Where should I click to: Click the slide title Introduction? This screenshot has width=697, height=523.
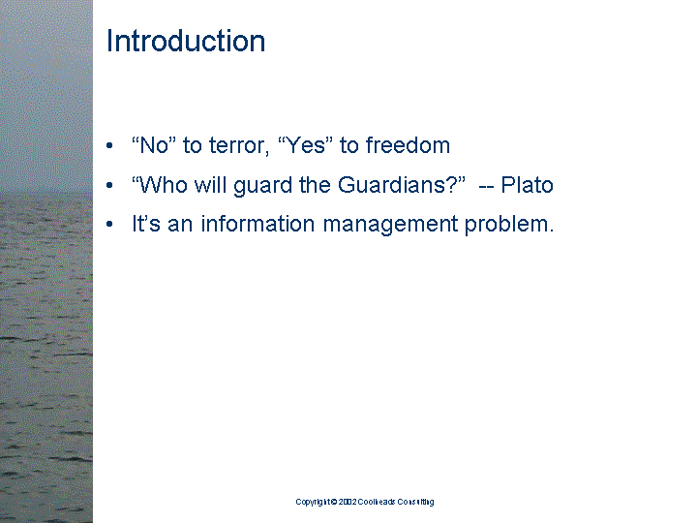tap(185, 41)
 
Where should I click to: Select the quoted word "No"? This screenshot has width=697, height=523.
tap(153, 146)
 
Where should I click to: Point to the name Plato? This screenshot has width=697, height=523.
tap(527, 185)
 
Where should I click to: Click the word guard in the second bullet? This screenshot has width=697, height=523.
tap(260, 185)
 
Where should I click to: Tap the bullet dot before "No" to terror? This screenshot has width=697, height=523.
tap(112, 147)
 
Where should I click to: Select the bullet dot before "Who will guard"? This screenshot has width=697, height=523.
tap(112, 186)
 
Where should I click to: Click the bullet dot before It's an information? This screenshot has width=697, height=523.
tap(112, 226)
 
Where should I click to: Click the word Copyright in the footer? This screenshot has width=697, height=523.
tap(312, 502)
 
